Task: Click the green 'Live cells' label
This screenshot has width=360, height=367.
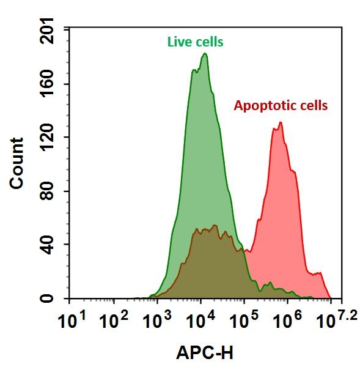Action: click(195, 42)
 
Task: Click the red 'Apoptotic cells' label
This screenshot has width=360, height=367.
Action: click(281, 105)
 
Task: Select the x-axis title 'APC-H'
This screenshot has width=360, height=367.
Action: click(205, 352)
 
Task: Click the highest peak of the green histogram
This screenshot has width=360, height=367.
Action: click(205, 54)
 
